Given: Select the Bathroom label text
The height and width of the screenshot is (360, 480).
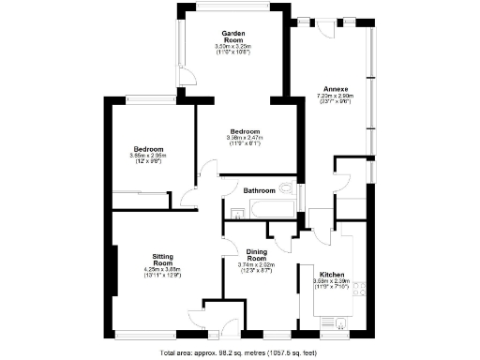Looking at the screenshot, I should click(x=260, y=190).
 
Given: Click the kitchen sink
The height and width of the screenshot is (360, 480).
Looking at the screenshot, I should click(x=343, y=324).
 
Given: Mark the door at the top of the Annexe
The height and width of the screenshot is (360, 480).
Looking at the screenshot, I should click(x=328, y=25).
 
